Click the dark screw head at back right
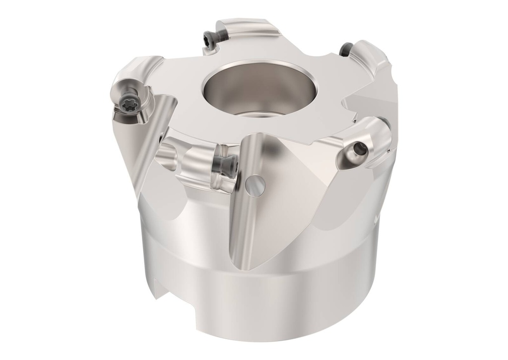pyautogui.click(x=346, y=48)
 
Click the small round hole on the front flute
pyautogui.click(x=255, y=185)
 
